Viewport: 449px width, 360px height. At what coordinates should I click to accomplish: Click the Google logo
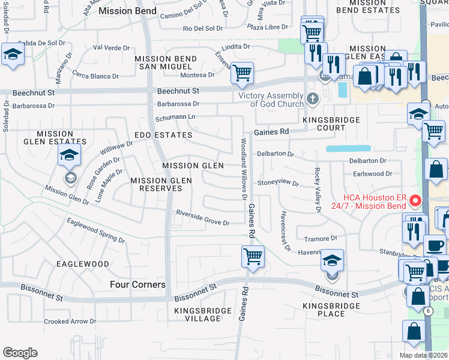click(20, 353)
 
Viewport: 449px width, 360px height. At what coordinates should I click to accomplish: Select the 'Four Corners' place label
click(138, 285)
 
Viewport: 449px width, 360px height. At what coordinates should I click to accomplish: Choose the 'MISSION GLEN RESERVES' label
click(156, 184)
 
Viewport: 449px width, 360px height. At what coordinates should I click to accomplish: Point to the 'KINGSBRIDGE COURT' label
click(331, 124)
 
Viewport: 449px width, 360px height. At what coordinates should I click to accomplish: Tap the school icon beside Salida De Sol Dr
click(12, 55)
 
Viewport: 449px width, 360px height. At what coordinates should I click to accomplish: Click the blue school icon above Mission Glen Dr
click(70, 155)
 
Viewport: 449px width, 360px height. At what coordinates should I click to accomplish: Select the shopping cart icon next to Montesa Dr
click(242, 73)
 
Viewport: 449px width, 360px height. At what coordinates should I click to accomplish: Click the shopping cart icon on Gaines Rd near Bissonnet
click(253, 257)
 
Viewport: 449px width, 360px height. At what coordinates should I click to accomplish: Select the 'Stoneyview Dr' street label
click(278, 184)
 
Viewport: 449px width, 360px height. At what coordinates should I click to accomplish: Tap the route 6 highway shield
click(428, 311)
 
